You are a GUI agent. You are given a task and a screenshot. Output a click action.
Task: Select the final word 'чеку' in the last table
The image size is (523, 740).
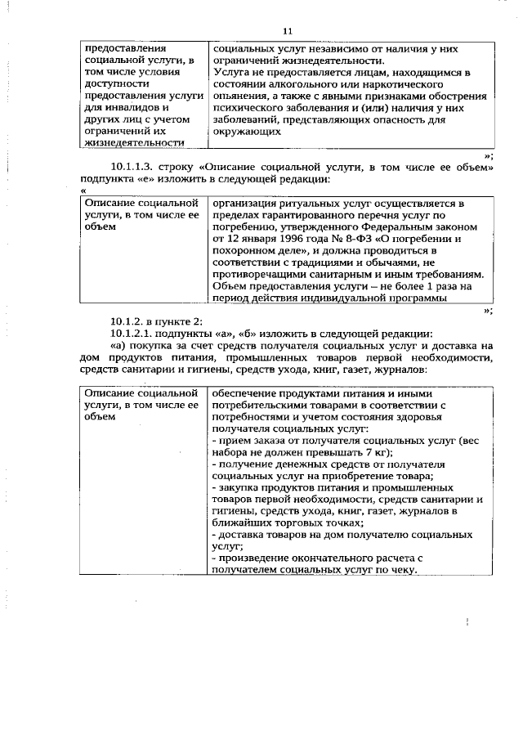click(x=393, y=570)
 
